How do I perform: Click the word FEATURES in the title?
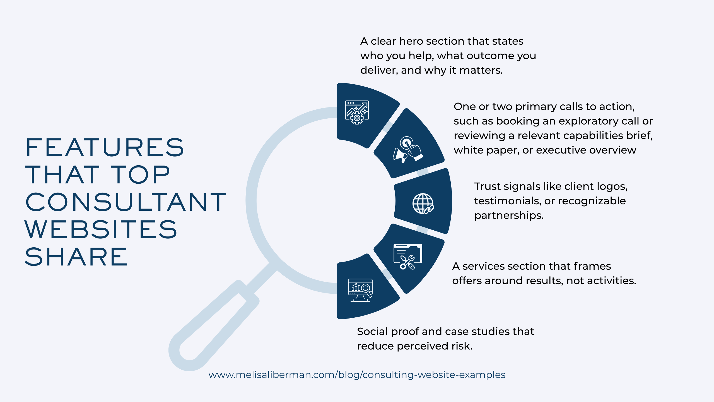coord(105,147)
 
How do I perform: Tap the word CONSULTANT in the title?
coord(126,202)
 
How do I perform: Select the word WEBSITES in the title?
coord(101,229)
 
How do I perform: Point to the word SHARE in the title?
coord(76,257)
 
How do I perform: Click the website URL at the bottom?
coord(357,375)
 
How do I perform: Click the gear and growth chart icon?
coord(357,112)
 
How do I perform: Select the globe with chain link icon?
coord(423,204)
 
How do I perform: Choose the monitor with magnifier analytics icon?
coord(360,290)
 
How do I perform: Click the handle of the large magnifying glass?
coord(213,325)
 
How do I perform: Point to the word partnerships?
coord(509,216)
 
